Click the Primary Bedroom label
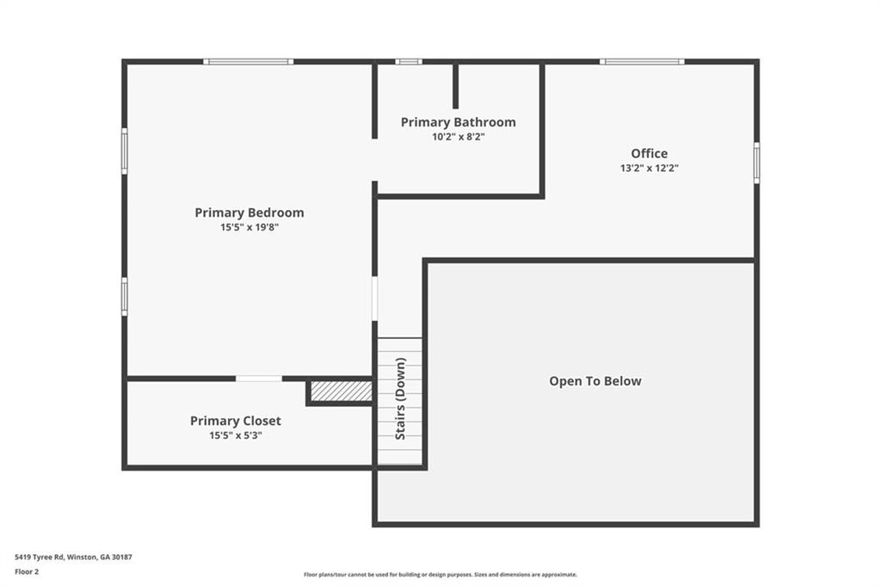250,213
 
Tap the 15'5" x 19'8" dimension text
250,227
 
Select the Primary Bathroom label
458,122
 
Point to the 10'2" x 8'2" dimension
459,137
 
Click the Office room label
650,153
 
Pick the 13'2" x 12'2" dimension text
650,168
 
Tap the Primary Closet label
236,421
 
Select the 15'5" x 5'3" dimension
236,435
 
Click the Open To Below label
595,381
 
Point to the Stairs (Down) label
401,399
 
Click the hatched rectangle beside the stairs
342,391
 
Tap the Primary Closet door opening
258,379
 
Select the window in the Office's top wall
642,62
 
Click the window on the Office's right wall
756,163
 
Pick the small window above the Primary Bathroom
409,62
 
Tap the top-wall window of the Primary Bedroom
249,62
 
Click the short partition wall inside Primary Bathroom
456,87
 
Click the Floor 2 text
27,572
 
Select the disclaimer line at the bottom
440,575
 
